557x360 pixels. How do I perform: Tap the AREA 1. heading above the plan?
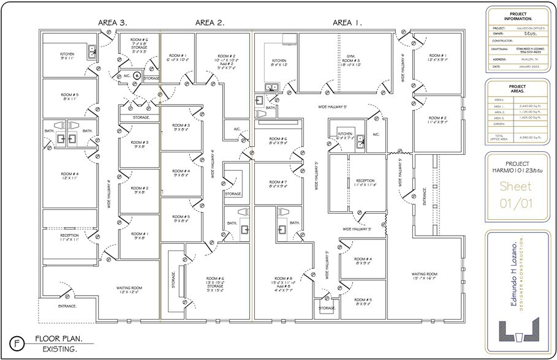point(347,23)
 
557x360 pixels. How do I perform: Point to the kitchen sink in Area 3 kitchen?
point(91,51)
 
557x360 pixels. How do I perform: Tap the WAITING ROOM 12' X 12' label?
point(130,290)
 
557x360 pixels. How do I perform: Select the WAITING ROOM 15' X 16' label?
point(423,276)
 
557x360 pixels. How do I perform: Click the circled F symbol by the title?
point(17,343)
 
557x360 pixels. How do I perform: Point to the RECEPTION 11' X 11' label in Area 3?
point(69,237)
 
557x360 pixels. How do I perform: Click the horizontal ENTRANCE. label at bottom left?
point(67,306)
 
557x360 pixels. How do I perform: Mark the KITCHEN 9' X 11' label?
point(67,56)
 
